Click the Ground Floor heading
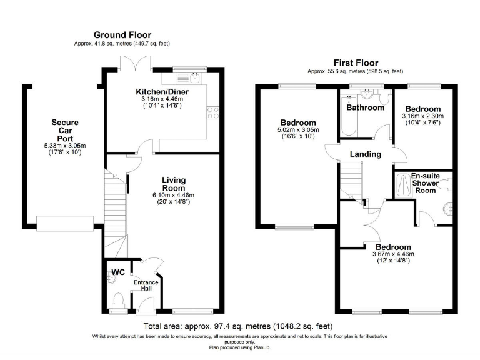click(122, 35)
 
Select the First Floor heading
click(356, 63)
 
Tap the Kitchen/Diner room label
click(162, 91)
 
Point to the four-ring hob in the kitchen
click(213, 112)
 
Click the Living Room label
click(174, 184)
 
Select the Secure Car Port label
click(65, 131)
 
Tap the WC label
click(118, 272)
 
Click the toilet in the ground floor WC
click(118, 301)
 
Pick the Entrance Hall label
click(146, 285)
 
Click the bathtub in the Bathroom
click(349, 115)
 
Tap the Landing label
click(366, 154)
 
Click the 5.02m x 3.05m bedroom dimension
click(298, 130)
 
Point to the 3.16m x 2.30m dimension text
click(422, 116)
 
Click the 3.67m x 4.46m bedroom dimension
click(393, 254)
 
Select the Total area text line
click(238, 326)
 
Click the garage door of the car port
click(65, 224)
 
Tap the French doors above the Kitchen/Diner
click(135, 64)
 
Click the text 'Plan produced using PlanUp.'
click(240, 347)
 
